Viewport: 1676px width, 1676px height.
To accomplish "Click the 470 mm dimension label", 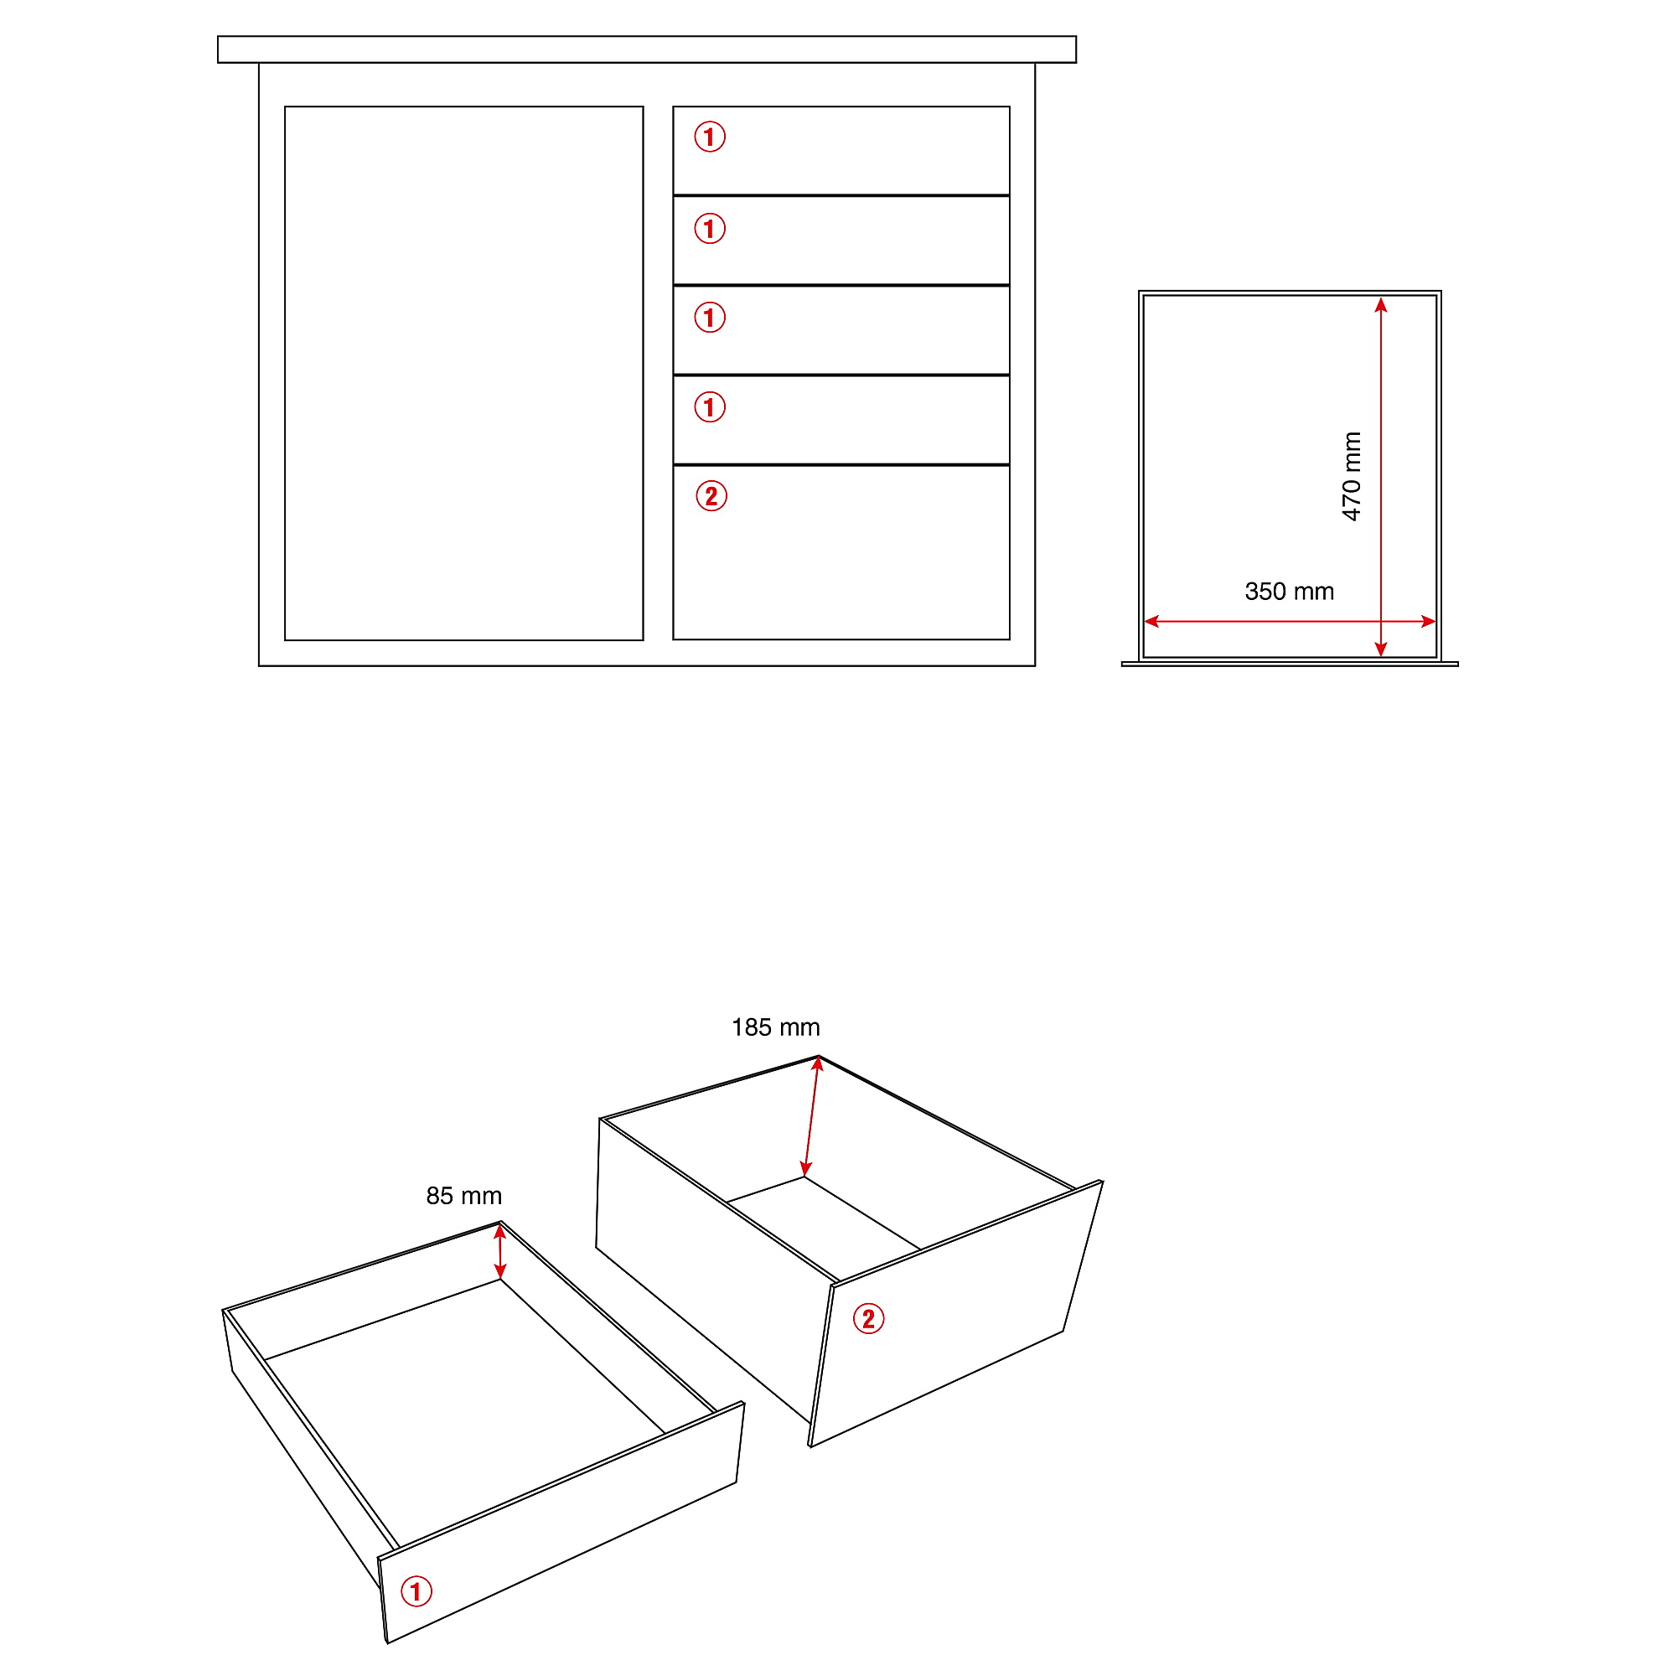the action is pyautogui.click(x=1351, y=476).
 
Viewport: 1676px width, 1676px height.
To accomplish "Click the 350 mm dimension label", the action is pyautogui.click(x=1289, y=592).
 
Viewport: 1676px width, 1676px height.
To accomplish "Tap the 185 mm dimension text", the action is pyautogui.click(x=775, y=1027).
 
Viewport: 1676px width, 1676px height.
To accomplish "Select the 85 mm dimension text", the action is pyautogui.click(x=464, y=1196).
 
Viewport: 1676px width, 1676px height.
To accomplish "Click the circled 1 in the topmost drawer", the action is pyautogui.click(x=710, y=137).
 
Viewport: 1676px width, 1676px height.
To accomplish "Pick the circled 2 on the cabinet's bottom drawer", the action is pyautogui.click(x=711, y=496).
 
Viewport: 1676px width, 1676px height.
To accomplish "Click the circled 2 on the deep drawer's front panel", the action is pyautogui.click(x=868, y=1318).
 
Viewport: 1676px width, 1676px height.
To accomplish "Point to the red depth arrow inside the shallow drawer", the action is pyautogui.click(x=499, y=1250).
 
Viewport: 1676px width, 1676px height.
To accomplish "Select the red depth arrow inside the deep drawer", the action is pyautogui.click(x=811, y=1116).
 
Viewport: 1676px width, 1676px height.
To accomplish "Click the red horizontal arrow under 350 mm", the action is pyautogui.click(x=1290, y=621).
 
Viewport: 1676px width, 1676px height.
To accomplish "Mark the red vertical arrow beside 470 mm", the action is pyautogui.click(x=1381, y=477).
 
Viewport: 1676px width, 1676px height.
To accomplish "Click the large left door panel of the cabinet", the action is pyautogui.click(x=464, y=373).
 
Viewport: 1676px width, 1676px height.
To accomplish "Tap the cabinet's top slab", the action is pyautogui.click(x=647, y=49).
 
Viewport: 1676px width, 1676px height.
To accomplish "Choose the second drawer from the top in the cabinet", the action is pyautogui.click(x=841, y=241).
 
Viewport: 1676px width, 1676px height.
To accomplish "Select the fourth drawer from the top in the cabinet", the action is pyautogui.click(x=841, y=420).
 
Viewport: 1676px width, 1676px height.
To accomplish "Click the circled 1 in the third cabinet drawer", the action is pyautogui.click(x=710, y=318).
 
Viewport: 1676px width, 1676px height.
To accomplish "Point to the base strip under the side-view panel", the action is pyautogui.click(x=1290, y=664).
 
